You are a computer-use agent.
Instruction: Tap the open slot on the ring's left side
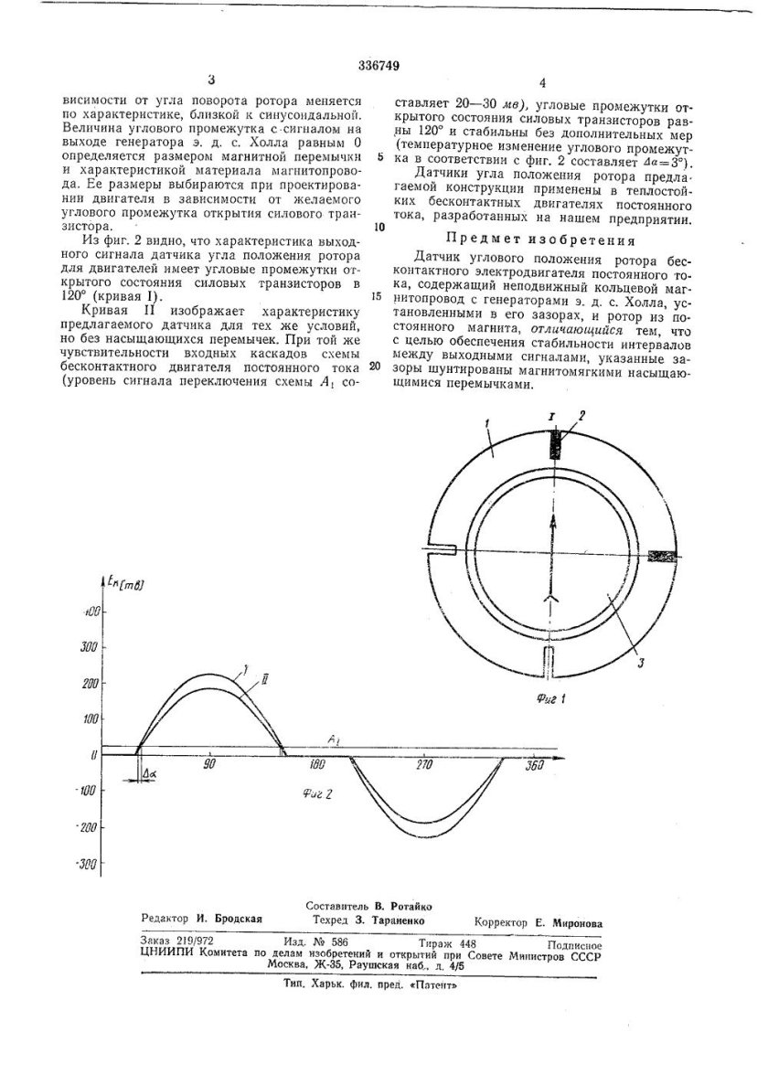tap(440, 549)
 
